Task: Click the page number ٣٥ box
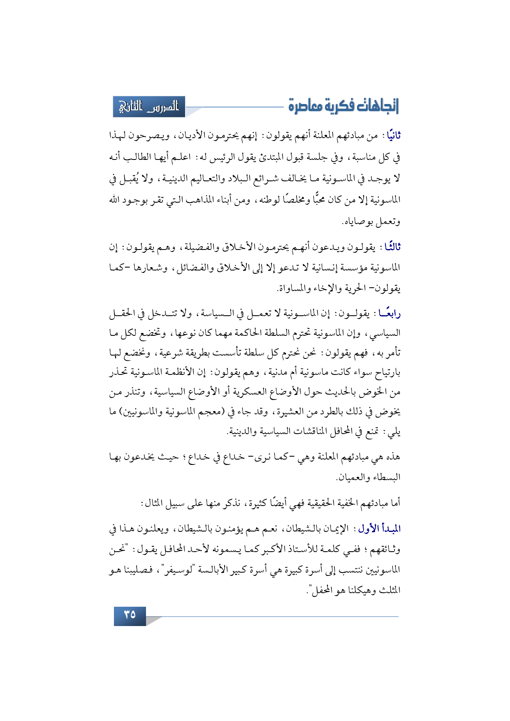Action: click(130, 615)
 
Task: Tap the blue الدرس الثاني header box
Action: click(149, 106)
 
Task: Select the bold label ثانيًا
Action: click(391, 136)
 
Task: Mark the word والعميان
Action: click(351, 478)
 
